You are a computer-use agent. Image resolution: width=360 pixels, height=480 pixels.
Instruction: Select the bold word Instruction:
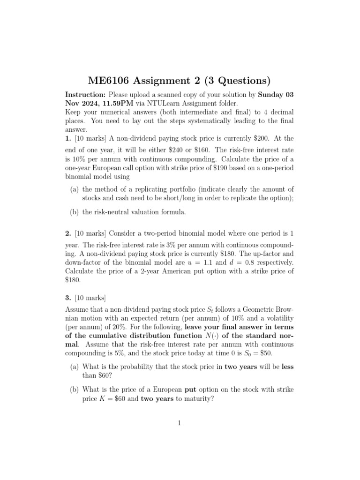(x=85, y=94)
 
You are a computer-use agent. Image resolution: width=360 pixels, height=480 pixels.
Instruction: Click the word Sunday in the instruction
(x=272, y=94)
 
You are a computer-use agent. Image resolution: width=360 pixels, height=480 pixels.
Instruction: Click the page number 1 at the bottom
(x=180, y=423)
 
